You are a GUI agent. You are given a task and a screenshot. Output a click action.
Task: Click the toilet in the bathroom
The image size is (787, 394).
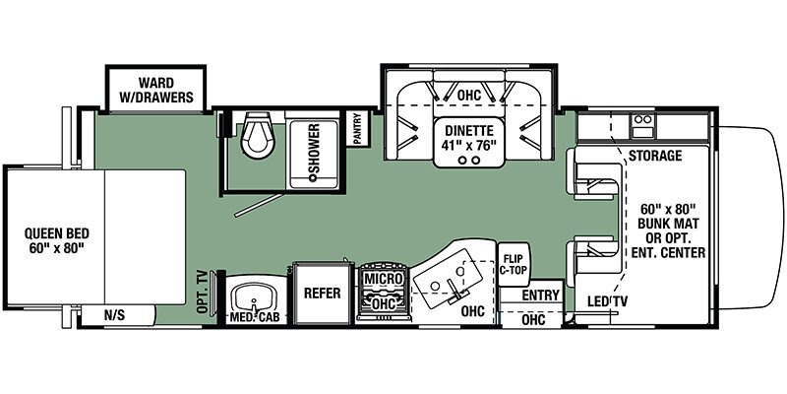(258, 132)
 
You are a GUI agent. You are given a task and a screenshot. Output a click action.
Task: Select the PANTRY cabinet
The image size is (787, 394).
(359, 128)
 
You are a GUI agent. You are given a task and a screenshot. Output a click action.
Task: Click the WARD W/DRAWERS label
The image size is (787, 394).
(155, 90)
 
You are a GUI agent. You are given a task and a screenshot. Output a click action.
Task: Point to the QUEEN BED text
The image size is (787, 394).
(57, 233)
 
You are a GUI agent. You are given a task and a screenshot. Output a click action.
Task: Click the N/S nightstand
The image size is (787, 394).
(114, 315)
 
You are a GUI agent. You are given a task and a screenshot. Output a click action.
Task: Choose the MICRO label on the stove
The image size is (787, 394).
(384, 278)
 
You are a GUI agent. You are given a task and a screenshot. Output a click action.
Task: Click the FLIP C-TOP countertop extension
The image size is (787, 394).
(513, 264)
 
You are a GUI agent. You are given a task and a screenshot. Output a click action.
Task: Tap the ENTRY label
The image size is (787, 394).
(540, 295)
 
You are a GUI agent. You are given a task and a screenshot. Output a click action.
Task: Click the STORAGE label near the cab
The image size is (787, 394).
(655, 156)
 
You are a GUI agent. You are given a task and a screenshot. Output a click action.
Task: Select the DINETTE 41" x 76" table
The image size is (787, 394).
(470, 142)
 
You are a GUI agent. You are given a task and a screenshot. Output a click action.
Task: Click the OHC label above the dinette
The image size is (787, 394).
(469, 95)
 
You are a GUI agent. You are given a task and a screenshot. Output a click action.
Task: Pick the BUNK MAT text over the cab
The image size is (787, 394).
(674, 223)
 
